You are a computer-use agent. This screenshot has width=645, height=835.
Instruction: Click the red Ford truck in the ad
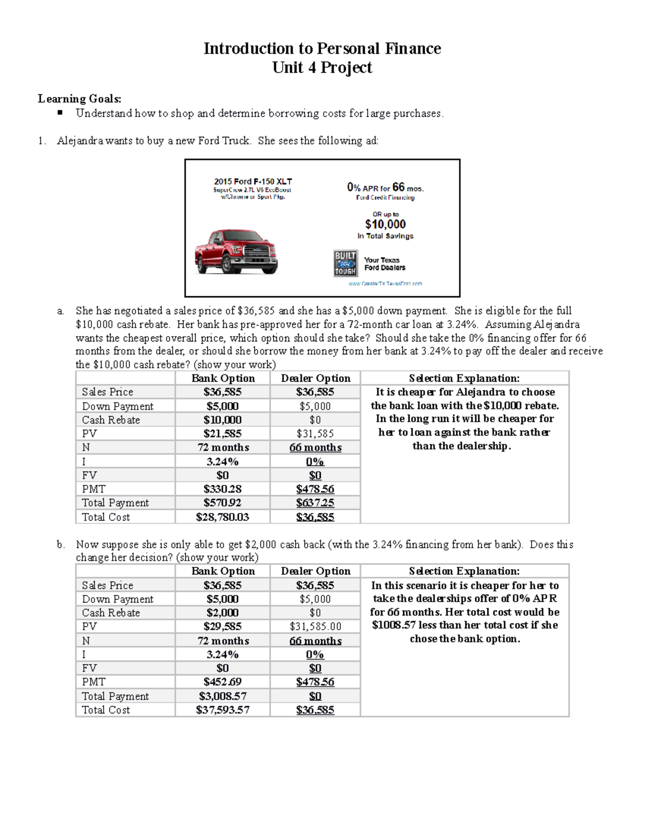click(x=236, y=252)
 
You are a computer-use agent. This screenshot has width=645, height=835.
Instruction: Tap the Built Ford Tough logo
click(x=345, y=263)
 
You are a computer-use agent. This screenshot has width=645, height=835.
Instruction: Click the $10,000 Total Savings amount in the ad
click(x=385, y=224)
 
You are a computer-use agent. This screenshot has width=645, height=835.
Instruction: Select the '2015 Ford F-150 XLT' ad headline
click(x=253, y=182)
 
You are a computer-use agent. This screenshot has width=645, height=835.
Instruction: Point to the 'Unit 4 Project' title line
click(x=322, y=68)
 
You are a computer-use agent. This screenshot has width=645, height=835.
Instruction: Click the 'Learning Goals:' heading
click(x=80, y=98)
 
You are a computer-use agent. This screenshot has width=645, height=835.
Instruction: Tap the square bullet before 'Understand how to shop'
click(x=60, y=113)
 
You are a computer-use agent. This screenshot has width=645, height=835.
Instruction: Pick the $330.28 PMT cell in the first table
click(x=223, y=489)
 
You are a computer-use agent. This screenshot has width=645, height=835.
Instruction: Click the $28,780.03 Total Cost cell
click(x=223, y=517)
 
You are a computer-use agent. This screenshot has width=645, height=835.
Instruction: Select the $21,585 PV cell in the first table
click(x=223, y=433)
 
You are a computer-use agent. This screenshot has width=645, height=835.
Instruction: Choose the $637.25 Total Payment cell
click(x=315, y=503)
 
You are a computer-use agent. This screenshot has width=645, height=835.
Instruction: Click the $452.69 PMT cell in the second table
click(x=223, y=682)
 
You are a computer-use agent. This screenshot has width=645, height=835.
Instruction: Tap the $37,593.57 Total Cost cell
click(x=223, y=710)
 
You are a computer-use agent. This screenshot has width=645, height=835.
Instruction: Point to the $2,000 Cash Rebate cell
click(x=223, y=613)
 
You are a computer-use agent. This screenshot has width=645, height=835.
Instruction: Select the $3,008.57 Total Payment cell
click(x=223, y=696)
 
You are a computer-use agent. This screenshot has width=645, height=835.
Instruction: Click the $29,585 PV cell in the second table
click(x=223, y=626)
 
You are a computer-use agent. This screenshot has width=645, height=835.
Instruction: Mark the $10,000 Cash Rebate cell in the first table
click(x=223, y=420)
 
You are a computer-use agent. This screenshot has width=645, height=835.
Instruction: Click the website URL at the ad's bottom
click(x=385, y=283)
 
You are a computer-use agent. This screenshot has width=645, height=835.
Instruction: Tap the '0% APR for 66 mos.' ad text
click(x=385, y=188)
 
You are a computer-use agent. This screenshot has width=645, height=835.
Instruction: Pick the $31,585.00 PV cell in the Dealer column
click(x=315, y=626)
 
